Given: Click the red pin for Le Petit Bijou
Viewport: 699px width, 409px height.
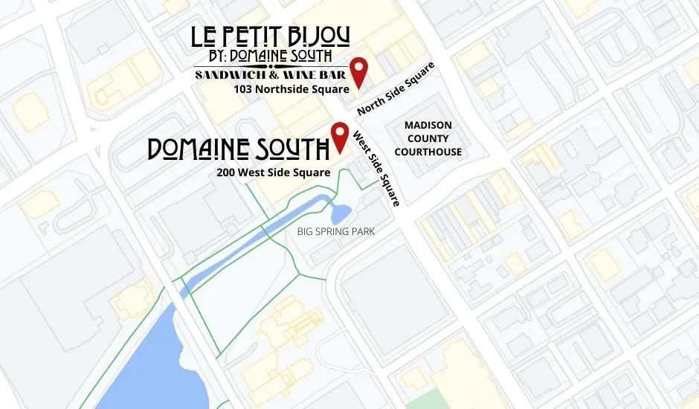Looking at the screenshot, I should click(360, 71).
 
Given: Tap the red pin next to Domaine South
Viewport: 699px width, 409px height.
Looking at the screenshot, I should click(341, 135).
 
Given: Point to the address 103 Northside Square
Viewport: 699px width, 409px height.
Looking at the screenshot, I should click(291, 89).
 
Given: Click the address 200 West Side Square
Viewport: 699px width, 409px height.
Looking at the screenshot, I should click(274, 173).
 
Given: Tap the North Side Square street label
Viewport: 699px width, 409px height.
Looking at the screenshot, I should click(395, 88).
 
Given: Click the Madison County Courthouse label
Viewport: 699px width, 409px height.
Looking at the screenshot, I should click(428, 139).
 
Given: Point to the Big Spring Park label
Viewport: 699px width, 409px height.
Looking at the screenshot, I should click(336, 232).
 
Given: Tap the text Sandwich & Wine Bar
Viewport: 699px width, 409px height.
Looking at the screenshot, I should click(271, 75).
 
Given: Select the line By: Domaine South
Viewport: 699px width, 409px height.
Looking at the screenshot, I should click(270, 57).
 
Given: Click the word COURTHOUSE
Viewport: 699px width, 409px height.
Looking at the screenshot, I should click(428, 152).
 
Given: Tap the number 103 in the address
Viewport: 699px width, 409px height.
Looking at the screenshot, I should click(242, 89).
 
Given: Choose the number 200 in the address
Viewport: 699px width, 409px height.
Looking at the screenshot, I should click(226, 173).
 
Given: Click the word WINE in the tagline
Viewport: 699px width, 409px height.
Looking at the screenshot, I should click(306, 75).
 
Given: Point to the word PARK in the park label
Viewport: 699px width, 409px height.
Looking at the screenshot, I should click(364, 232).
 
